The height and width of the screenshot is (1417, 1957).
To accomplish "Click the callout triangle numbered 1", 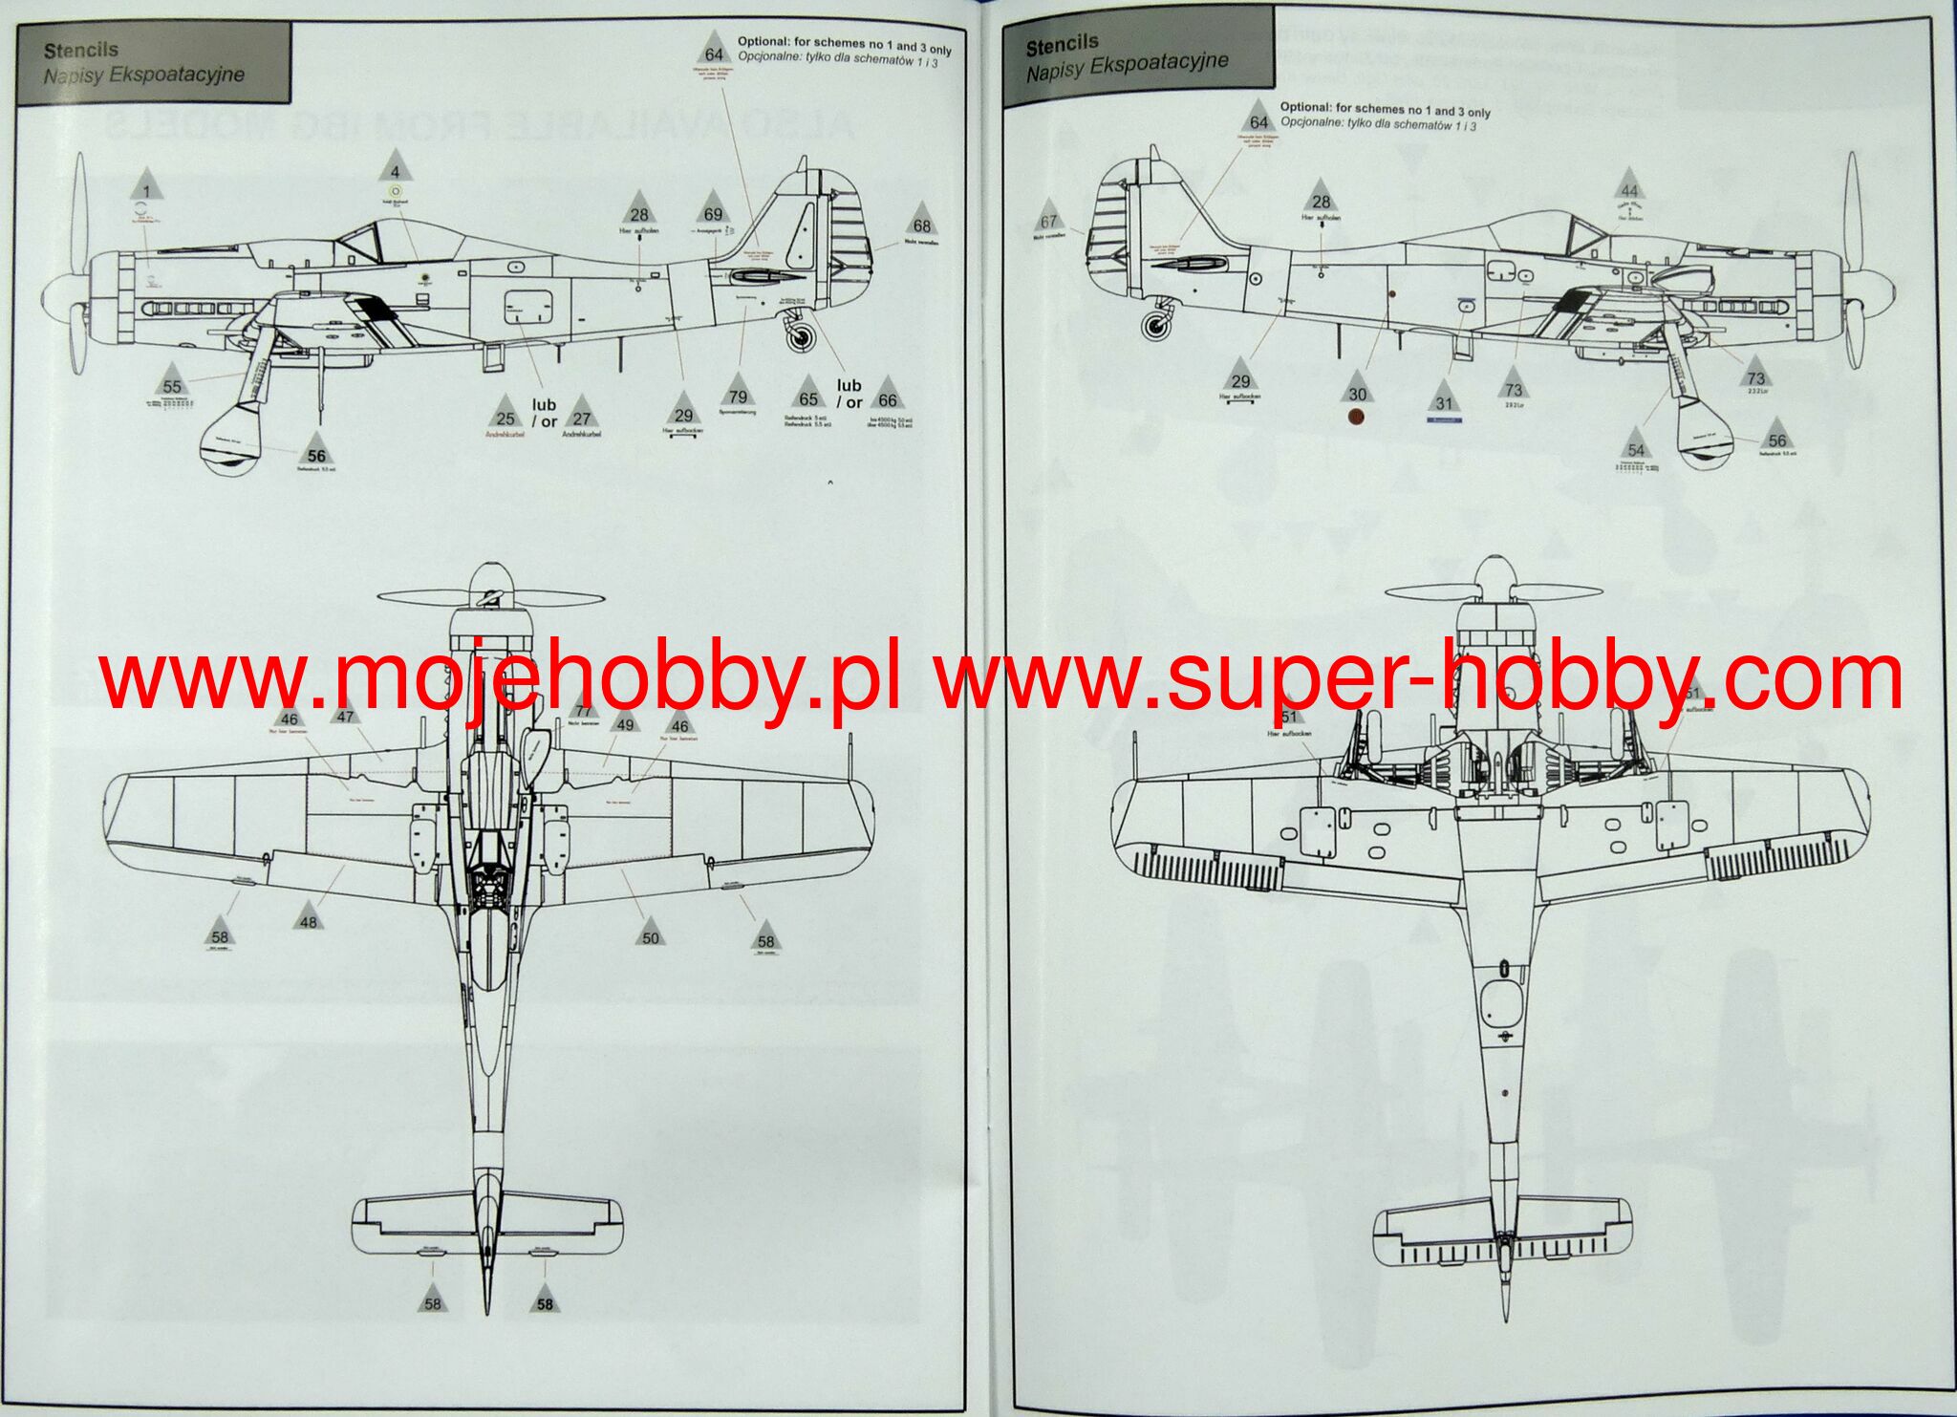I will click(x=146, y=186).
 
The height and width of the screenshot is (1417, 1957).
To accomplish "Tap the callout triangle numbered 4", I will click(x=395, y=169).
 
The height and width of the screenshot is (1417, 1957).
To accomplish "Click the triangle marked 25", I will click(x=505, y=415).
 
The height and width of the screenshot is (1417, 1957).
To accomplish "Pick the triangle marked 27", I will click(x=581, y=415).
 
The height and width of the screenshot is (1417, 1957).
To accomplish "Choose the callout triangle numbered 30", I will click(x=1357, y=390).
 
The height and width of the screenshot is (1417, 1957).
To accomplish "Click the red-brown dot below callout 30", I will click(x=1357, y=417).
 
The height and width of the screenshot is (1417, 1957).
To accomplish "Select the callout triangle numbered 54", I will click(x=1636, y=446).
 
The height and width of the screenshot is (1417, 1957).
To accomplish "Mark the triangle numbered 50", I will click(x=650, y=934).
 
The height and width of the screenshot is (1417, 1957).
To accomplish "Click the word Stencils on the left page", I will click(x=81, y=50).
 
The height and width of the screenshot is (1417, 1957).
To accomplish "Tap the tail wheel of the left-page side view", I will click(x=801, y=335).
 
